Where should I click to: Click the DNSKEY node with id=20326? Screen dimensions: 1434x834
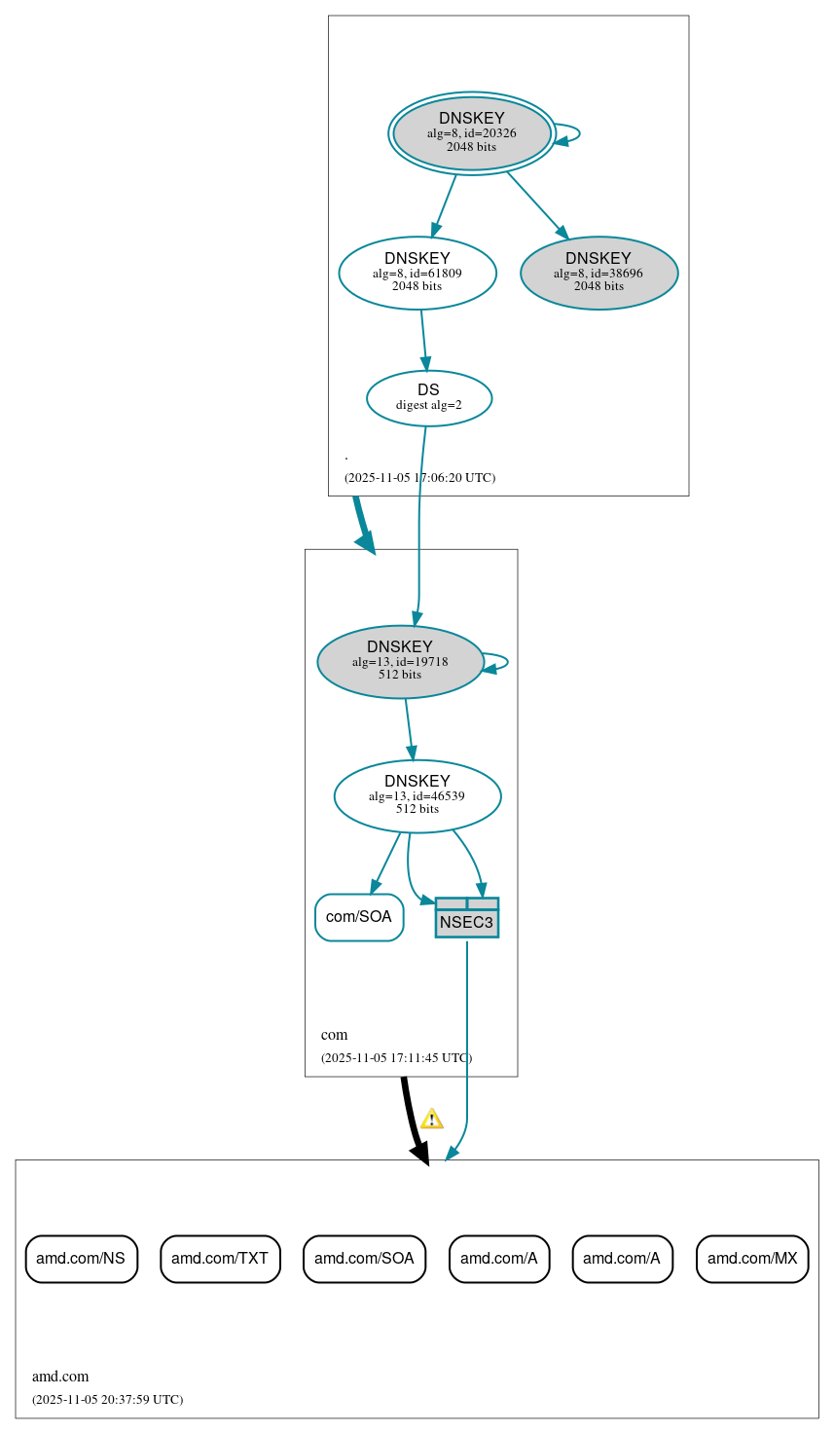(x=472, y=133)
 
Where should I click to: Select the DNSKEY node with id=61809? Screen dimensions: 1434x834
(x=417, y=274)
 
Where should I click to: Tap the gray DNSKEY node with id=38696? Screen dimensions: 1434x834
(x=598, y=274)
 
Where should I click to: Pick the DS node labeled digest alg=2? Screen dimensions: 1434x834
(x=429, y=398)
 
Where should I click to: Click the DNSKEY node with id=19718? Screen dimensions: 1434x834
(x=400, y=662)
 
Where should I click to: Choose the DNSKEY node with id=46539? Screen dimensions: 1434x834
(x=417, y=796)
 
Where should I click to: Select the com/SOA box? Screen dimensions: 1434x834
(x=359, y=917)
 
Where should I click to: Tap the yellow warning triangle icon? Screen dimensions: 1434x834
(x=431, y=1119)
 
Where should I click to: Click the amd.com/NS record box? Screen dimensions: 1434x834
(x=81, y=1259)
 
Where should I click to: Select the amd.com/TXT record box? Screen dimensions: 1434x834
(x=220, y=1259)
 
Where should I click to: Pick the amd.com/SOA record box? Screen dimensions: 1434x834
(x=364, y=1259)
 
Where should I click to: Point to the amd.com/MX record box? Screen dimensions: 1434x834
(x=752, y=1259)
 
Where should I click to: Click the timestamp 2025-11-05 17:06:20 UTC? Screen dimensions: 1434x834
(x=419, y=478)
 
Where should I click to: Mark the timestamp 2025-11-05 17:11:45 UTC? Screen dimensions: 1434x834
(x=396, y=1058)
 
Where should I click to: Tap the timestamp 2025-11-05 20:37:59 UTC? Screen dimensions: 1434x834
(x=107, y=1400)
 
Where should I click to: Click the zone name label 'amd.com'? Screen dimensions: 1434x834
(x=60, y=1377)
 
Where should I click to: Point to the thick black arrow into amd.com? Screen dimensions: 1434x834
(x=413, y=1120)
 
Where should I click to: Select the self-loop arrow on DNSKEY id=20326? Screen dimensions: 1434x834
(x=568, y=133)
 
